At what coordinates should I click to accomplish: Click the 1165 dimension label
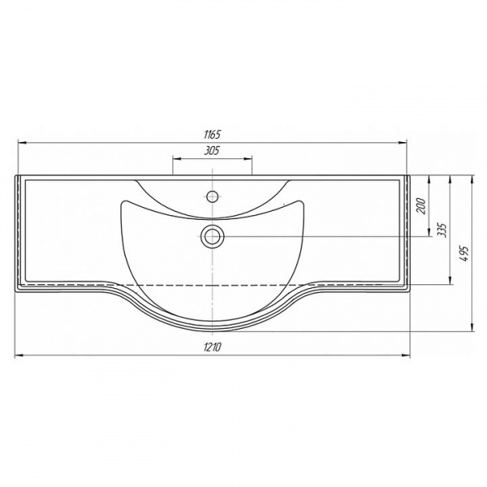point(212,135)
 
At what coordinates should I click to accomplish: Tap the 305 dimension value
point(212,151)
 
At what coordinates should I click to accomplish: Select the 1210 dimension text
point(213,347)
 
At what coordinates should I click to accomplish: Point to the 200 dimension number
point(420,206)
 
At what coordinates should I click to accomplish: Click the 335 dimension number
point(442,230)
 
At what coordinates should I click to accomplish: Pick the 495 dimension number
point(463,254)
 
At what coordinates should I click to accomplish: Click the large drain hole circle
point(213,236)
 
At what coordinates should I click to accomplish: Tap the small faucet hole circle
point(213,196)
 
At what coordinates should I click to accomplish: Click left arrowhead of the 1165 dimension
point(23,143)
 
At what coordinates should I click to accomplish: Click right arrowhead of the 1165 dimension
point(403,143)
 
